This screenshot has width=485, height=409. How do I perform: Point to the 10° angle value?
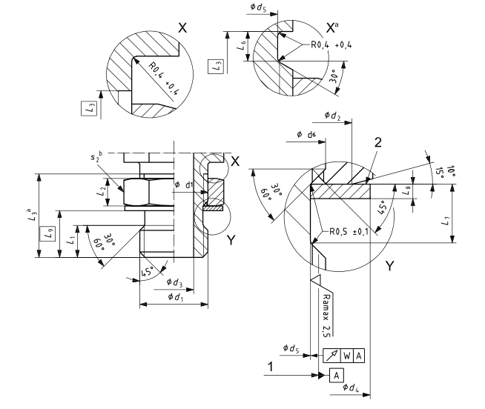coord(449,169)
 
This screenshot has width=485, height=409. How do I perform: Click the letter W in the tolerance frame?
coord(346,355)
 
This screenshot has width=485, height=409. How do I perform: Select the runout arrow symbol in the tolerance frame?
coord(331,355)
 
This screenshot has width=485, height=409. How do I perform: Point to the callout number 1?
coord(273,366)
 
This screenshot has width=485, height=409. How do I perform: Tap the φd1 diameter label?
coord(176,296)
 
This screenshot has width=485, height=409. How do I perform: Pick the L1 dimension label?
coord(71,240)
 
